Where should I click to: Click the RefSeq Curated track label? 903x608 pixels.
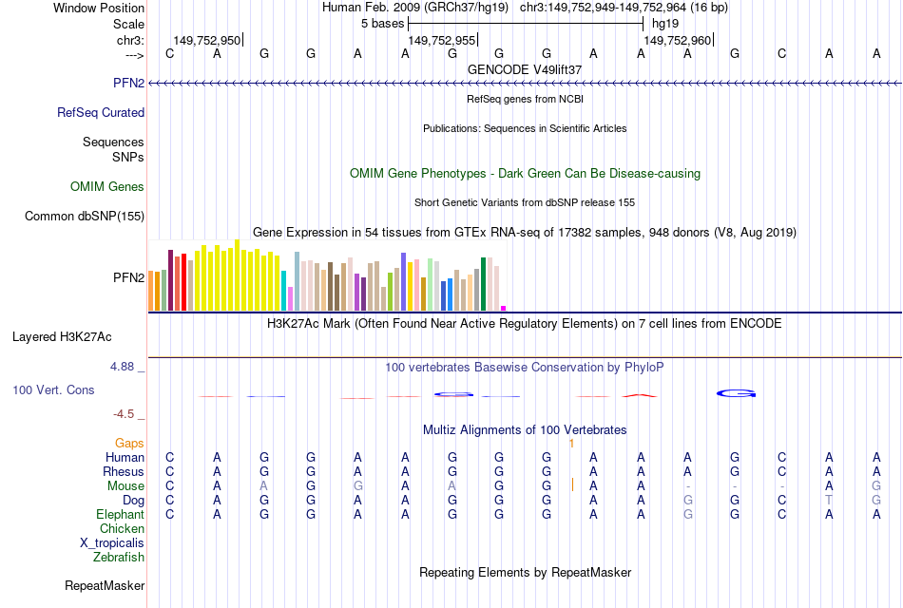(x=101, y=112)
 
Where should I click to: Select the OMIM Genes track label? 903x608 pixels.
(x=107, y=187)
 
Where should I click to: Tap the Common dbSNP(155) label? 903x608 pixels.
(x=85, y=217)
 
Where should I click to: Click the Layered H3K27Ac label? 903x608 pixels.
(x=62, y=336)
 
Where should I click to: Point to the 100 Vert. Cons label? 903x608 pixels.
(x=53, y=389)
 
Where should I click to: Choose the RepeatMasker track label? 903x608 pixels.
(x=105, y=585)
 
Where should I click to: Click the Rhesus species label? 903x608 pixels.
(x=124, y=471)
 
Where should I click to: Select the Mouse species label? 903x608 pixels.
(x=126, y=485)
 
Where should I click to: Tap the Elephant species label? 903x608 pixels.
(x=121, y=514)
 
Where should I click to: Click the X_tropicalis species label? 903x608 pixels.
(x=112, y=542)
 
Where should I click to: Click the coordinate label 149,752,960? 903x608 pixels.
(x=677, y=41)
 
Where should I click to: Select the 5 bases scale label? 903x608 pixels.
(x=383, y=23)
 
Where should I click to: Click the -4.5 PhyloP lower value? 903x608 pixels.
(x=129, y=413)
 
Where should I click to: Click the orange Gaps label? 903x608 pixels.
(x=129, y=443)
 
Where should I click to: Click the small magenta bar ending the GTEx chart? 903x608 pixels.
(x=504, y=308)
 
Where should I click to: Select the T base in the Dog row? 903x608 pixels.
(x=829, y=500)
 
